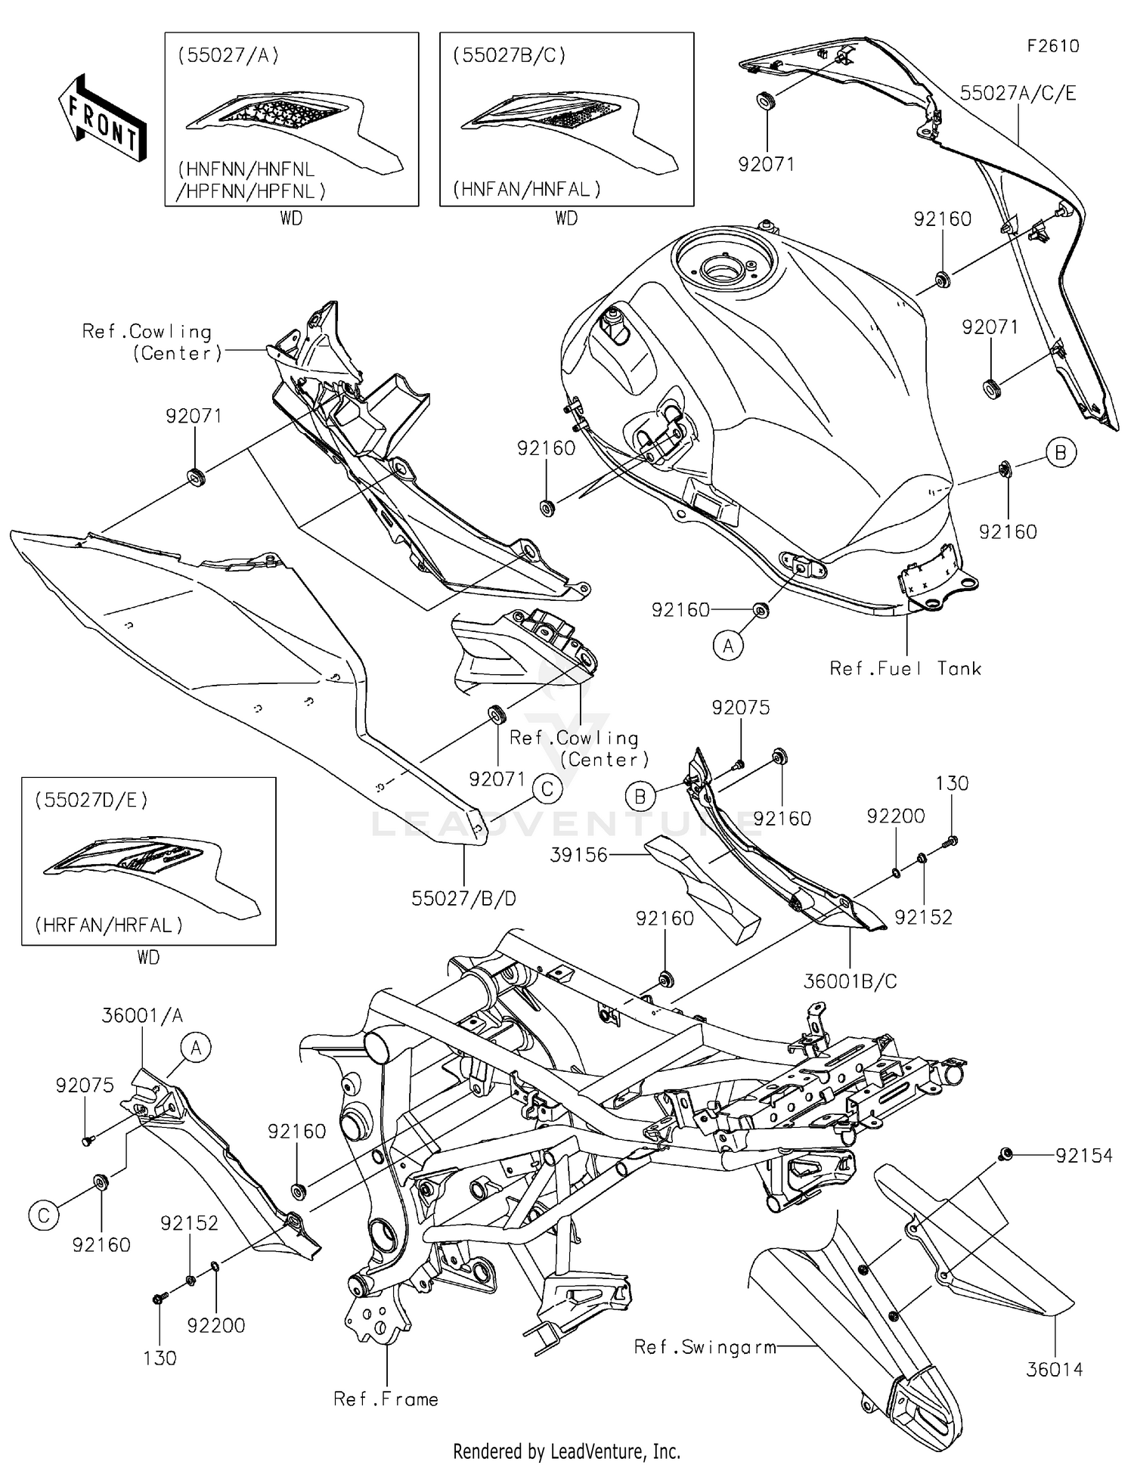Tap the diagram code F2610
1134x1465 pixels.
pos(1052,46)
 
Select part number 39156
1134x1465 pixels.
pos(580,855)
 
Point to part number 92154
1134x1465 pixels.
pos(1084,1155)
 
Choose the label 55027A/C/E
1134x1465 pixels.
pos(1018,93)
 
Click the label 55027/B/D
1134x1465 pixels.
pos(463,898)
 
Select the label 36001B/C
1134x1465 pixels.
pos(850,981)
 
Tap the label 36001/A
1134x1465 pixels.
pos(142,1015)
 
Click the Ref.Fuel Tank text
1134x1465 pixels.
pos(905,668)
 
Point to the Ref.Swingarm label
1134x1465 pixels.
pos(705,1346)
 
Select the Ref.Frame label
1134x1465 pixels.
pos(386,1399)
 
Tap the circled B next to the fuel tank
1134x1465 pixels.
pos(1061,452)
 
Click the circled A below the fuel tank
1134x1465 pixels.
pos(728,646)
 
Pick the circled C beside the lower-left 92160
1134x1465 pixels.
pos(43,1216)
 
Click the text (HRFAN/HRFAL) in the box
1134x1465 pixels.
pos(108,925)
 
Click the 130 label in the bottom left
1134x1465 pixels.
pos(160,1358)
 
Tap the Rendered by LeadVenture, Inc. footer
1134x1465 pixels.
pos(566,1451)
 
